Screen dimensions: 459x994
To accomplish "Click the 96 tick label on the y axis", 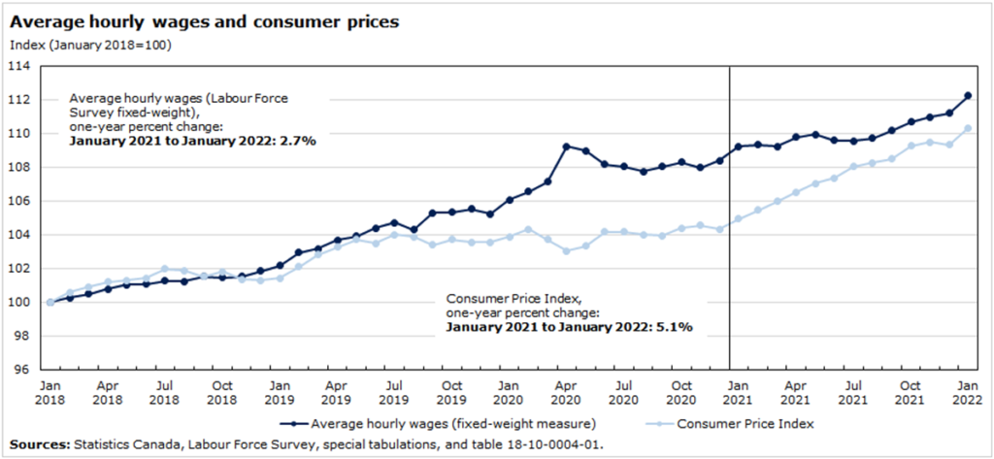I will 22,370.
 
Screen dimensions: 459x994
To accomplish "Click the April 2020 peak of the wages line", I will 567,147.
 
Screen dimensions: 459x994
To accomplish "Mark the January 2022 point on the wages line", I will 968,95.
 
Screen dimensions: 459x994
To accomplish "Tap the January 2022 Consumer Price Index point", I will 968,128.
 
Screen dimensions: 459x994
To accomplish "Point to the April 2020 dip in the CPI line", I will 567,251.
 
